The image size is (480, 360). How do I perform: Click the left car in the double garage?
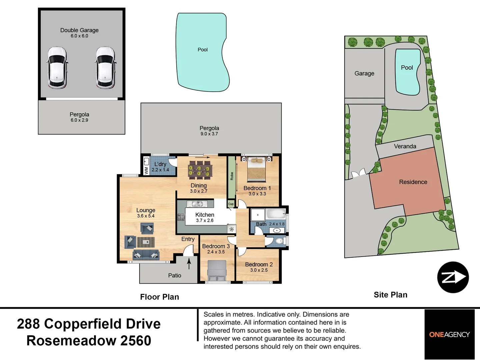tap(57, 68)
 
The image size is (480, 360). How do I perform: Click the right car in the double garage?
tap(105, 68)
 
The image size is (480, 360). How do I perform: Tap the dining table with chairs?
tap(200, 170)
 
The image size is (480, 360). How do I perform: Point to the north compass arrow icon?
tap(453, 277)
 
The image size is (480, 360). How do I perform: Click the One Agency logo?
tap(449, 334)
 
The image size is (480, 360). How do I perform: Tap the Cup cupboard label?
tap(231, 204)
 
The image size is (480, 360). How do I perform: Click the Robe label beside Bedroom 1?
tap(232, 176)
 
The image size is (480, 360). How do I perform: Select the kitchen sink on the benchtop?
tap(197, 204)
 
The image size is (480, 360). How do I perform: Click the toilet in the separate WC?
tap(280, 241)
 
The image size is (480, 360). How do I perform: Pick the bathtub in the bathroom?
tap(276, 214)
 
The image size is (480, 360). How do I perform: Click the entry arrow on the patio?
tap(189, 264)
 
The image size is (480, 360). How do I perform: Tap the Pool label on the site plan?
tap(407, 68)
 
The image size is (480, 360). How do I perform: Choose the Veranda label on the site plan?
tap(405, 146)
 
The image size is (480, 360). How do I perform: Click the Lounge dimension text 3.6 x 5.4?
tap(146, 216)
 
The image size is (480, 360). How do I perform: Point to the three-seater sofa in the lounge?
tap(146, 255)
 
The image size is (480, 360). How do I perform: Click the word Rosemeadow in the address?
tap(71, 341)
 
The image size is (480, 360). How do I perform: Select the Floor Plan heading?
tap(159, 297)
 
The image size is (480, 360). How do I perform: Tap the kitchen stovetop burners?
tap(181, 217)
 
